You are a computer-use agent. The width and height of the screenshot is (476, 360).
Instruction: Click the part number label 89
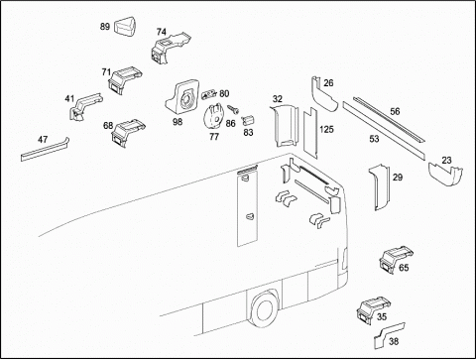pos(105,27)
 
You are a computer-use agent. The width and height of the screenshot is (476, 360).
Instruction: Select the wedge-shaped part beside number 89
pos(126,26)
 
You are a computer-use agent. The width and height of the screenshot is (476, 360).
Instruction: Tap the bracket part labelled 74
pos(170,49)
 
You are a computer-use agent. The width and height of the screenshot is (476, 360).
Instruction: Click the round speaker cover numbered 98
pos(183,96)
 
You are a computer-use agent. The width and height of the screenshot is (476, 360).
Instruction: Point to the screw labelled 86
pos(234,109)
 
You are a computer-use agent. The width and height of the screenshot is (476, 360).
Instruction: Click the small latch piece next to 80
pos(208,95)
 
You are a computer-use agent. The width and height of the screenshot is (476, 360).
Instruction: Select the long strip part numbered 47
pos(45,150)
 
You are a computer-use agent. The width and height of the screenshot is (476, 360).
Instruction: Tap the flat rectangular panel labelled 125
pos(310,132)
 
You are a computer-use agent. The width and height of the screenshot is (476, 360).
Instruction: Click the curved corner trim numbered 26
pos(323,96)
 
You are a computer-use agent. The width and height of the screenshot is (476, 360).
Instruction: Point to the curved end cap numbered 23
pos(445,175)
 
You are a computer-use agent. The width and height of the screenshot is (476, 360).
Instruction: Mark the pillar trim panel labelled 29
pos(379,186)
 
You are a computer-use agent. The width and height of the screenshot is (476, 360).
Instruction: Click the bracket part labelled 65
pos(395,260)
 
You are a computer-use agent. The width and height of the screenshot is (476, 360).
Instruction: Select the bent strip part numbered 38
pos(389,335)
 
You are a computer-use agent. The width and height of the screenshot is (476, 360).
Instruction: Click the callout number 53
pos(374,139)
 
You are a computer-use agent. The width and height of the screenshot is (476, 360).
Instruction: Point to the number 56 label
pos(395,111)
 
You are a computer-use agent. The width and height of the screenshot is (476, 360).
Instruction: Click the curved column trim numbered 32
pos(285,125)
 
